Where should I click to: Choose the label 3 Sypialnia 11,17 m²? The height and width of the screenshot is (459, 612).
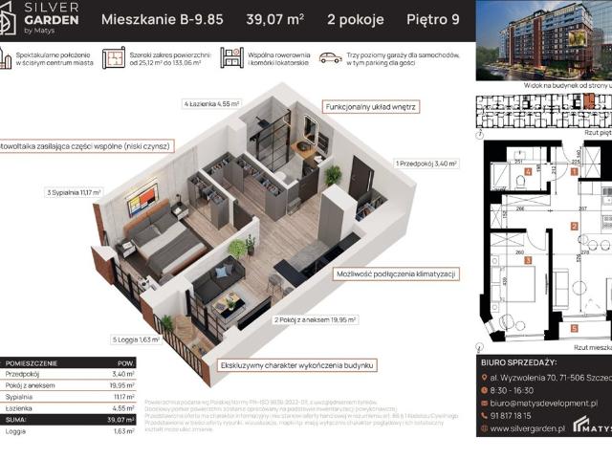pos(73,193)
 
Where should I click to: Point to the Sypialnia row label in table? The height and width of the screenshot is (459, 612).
pos(20,396)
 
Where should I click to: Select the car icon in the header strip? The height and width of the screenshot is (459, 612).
pos(330,58)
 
